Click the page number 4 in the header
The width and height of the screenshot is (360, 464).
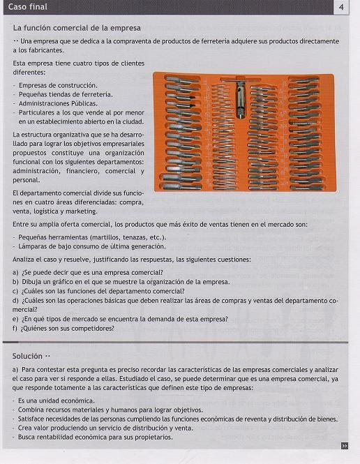pyautogui.click(x=341, y=7)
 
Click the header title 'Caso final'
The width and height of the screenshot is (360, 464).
pyautogui.click(x=27, y=7)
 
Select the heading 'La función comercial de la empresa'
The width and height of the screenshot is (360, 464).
pyautogui.click(x=77, y=28)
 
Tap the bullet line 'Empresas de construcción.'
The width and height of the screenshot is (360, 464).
pyautogui.click(x=58, y=86)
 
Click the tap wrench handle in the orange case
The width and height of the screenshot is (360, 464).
pyautogui.click(x=241, y=80)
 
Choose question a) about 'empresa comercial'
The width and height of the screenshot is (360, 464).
pyautogui.click(x=88, y=273)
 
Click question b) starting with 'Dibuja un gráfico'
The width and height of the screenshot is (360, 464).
pyautogui.click(x=121, y=282)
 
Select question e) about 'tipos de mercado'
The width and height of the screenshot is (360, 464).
pyautogui.click(x=121, y=320)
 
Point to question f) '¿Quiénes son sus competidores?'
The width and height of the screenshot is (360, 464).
pyautogui.click(x=63, y=329)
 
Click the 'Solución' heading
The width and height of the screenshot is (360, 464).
pyautogui.click(x=27, y=356)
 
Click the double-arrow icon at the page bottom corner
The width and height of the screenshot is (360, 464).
pyautogui.click(x=345, y=446)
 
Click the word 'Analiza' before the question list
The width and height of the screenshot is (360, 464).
pyautogui.click(x=22, y=260)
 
